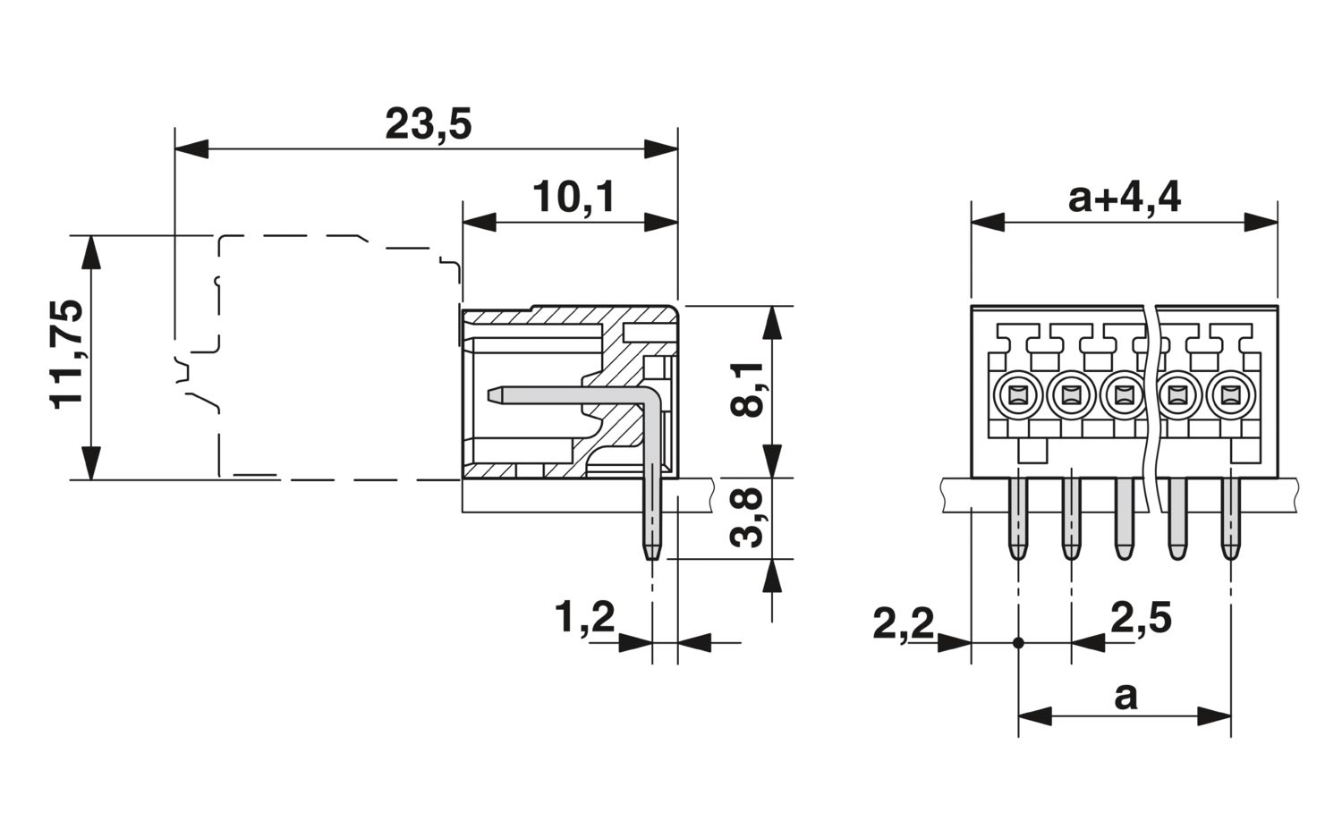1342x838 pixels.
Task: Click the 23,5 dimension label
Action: click(x=428, y=124)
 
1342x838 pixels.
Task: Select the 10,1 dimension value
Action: click(x=573, y=198)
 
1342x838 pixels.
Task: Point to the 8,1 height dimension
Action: click(x=746, y=389)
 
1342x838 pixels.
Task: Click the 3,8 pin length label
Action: click(x=746, y=517)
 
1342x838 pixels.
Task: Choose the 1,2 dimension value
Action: click(x=585, y=618)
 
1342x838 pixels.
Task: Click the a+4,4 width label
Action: click(x=1125, y=199)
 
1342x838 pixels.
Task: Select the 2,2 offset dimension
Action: click(x=904, y=624)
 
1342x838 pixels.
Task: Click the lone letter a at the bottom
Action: click(x=1125, y=697)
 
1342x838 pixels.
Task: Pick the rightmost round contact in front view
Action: click(x=1231, y=394)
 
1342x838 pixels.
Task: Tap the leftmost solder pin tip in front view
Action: click(x=1018, y=557)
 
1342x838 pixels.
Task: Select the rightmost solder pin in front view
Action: click(x=1231, y=519)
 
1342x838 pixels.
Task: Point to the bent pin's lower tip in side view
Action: click(x=652, y=558)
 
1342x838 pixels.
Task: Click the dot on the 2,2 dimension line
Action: click(x=1018, y=643)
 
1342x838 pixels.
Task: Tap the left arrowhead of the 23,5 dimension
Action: click(x=191, y=149)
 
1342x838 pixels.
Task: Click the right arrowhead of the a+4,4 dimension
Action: click(x=1261, y=222)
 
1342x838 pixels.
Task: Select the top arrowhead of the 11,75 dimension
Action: click(x=90, y=252)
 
